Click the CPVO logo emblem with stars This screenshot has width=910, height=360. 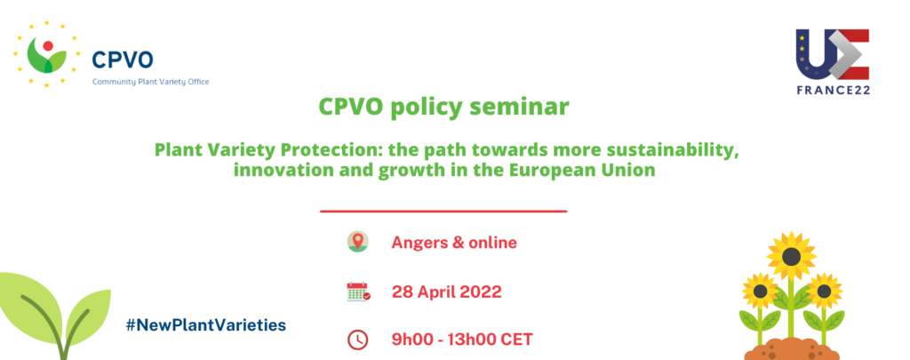tap(47, 54)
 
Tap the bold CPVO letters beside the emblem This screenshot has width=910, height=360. tap(123, 60)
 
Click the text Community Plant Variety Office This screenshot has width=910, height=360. tap(151, 82)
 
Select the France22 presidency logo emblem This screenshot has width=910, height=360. tap(832, 54)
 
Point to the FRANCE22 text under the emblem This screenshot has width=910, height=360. tap(833, 90)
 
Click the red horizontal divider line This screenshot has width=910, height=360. tap(443, 212)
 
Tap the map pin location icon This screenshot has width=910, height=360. tap(358, 242)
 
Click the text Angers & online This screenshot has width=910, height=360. tap(454, 242)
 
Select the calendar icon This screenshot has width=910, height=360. tap(358, 292)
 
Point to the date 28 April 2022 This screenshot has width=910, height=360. tap(447, 292)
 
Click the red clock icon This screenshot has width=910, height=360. tap(357, 340)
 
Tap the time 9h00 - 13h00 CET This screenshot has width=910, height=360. tap(462, 340)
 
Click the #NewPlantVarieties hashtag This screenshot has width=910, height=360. tap(206, 325)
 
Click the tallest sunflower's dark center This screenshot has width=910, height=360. tap(791, 255)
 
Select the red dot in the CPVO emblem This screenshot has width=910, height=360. tap(48, 46)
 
